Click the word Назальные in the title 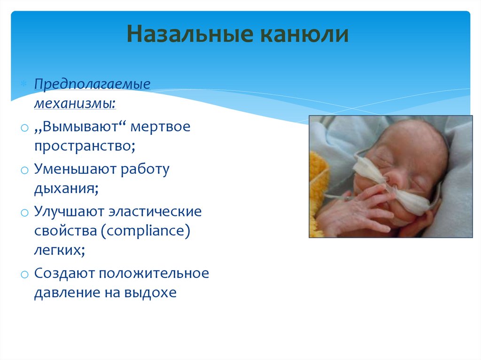pos(190,34)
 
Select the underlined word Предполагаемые pos(93,84)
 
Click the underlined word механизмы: pos(75,103)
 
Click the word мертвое pos(161,126)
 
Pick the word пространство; pos(85,146)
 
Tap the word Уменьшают pos(75,169)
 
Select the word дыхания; pos(66,188)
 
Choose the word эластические pos(155,211)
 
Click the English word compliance pos(146,230)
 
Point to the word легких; pos(60,250)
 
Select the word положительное pos(154,273)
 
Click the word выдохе pos(150,292)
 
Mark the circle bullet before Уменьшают pos(24,170)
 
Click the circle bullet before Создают pos(24,274)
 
